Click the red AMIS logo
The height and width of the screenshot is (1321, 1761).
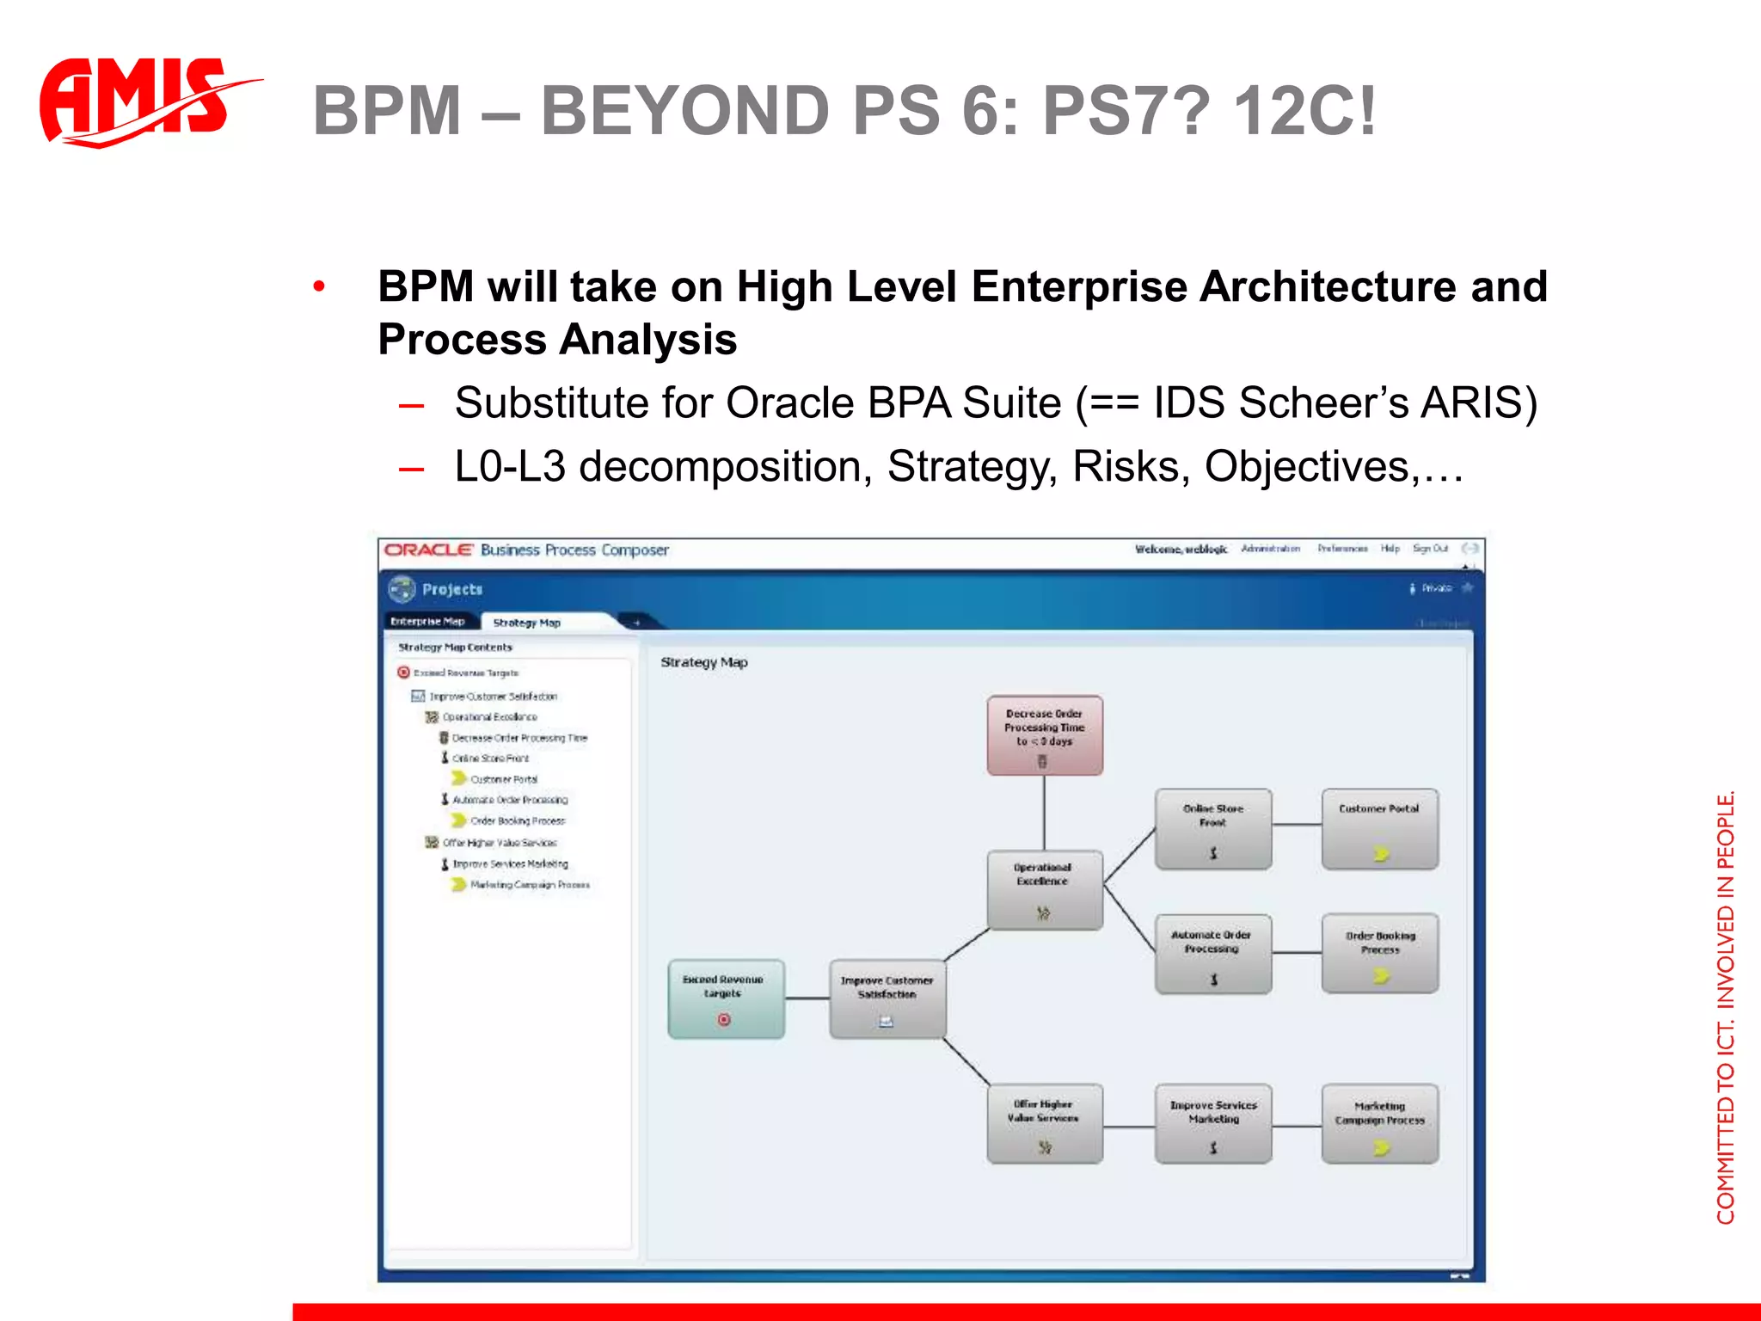138,101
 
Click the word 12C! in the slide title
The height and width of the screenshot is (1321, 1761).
1303,112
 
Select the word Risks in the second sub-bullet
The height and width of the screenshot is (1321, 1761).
1130,467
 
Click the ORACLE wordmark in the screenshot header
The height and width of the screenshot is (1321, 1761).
428,550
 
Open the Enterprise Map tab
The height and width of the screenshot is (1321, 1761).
427,621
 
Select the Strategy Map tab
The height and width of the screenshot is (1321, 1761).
526,623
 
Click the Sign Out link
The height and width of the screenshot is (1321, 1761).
1429,549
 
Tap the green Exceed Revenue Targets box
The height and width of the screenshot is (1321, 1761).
725,998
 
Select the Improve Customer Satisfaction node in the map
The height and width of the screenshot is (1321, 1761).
887,998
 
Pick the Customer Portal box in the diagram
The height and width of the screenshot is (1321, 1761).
1378,828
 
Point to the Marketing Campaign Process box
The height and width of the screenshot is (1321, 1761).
1378,1123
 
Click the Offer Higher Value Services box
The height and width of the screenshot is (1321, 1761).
1044,1123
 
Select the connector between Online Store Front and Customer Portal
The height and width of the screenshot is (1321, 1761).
1296,826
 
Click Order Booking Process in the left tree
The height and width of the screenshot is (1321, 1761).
517,821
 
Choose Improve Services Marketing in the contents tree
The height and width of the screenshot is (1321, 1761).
510,863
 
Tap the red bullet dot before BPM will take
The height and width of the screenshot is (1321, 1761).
319,286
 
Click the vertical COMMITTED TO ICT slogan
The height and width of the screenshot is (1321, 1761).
1725,1006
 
